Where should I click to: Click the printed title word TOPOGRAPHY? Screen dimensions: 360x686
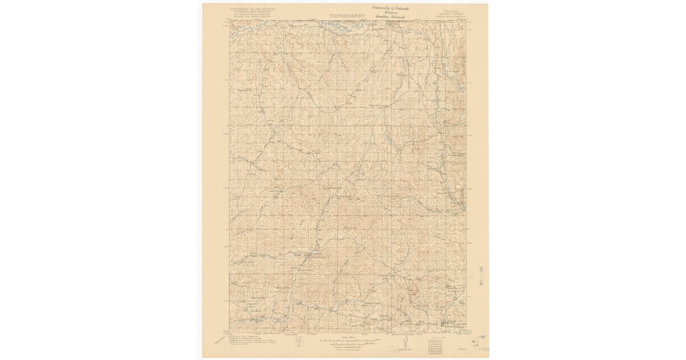(x=346, y=16)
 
